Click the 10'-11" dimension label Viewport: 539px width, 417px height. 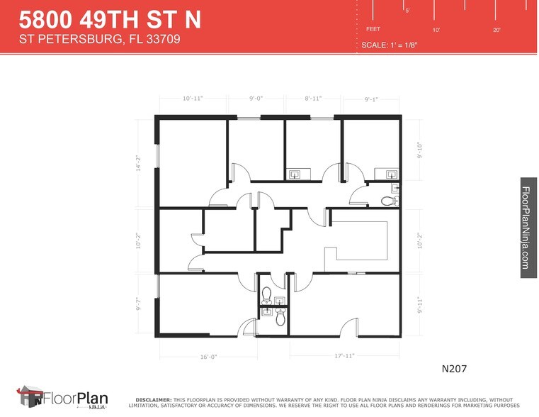coord(193,99)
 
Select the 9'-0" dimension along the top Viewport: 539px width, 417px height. coord(256,99)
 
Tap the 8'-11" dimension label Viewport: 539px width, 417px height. coord(313,99)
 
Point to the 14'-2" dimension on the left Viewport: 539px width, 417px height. coord(140,163)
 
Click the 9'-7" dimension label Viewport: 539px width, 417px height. coord(140,304)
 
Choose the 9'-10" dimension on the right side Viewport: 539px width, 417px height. coord(419,150)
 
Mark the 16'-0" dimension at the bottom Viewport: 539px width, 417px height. coord(208,357)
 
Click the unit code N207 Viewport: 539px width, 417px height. coord(455,369)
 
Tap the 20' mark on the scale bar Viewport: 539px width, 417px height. coord(497,30)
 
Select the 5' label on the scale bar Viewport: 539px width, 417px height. coord(407,11)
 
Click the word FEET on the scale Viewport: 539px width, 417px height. coord(373,29)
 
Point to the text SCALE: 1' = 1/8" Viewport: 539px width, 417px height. coord(389,44)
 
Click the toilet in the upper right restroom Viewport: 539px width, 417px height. coord(389,201)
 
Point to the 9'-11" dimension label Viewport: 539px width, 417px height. coord(419,304)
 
